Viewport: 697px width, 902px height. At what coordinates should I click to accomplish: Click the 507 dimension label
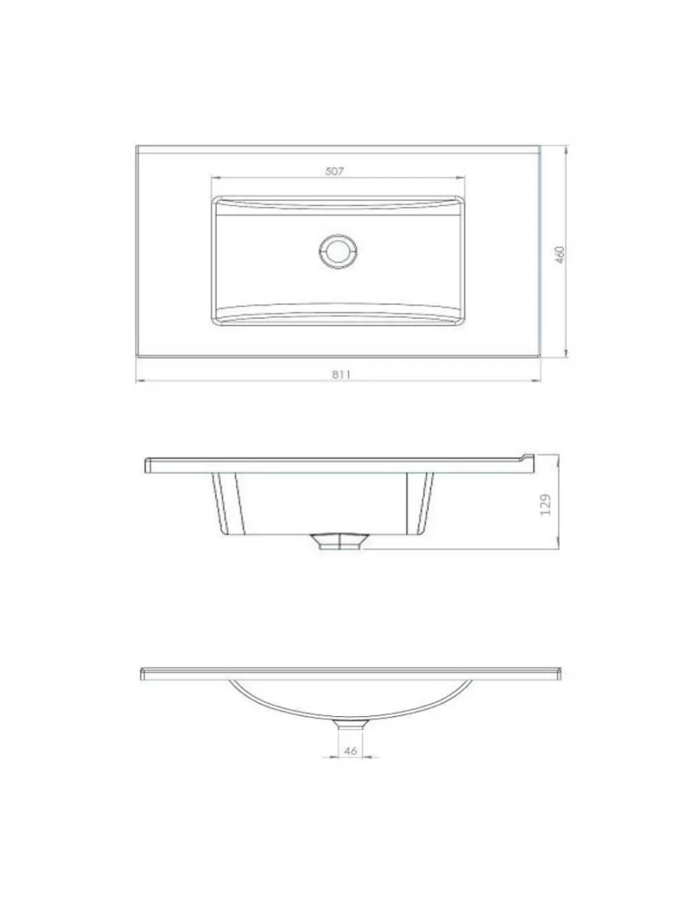click(334, 171)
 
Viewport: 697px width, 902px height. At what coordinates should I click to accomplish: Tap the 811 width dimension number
click(341, 374)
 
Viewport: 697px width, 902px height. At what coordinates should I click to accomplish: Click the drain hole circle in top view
click(338, 252)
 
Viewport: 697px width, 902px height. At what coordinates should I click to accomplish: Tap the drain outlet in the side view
click(339, 541)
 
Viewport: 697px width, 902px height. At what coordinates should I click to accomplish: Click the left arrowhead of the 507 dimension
click(215, 178)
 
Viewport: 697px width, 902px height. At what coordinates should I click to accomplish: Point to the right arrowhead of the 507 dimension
click(460, 178)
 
